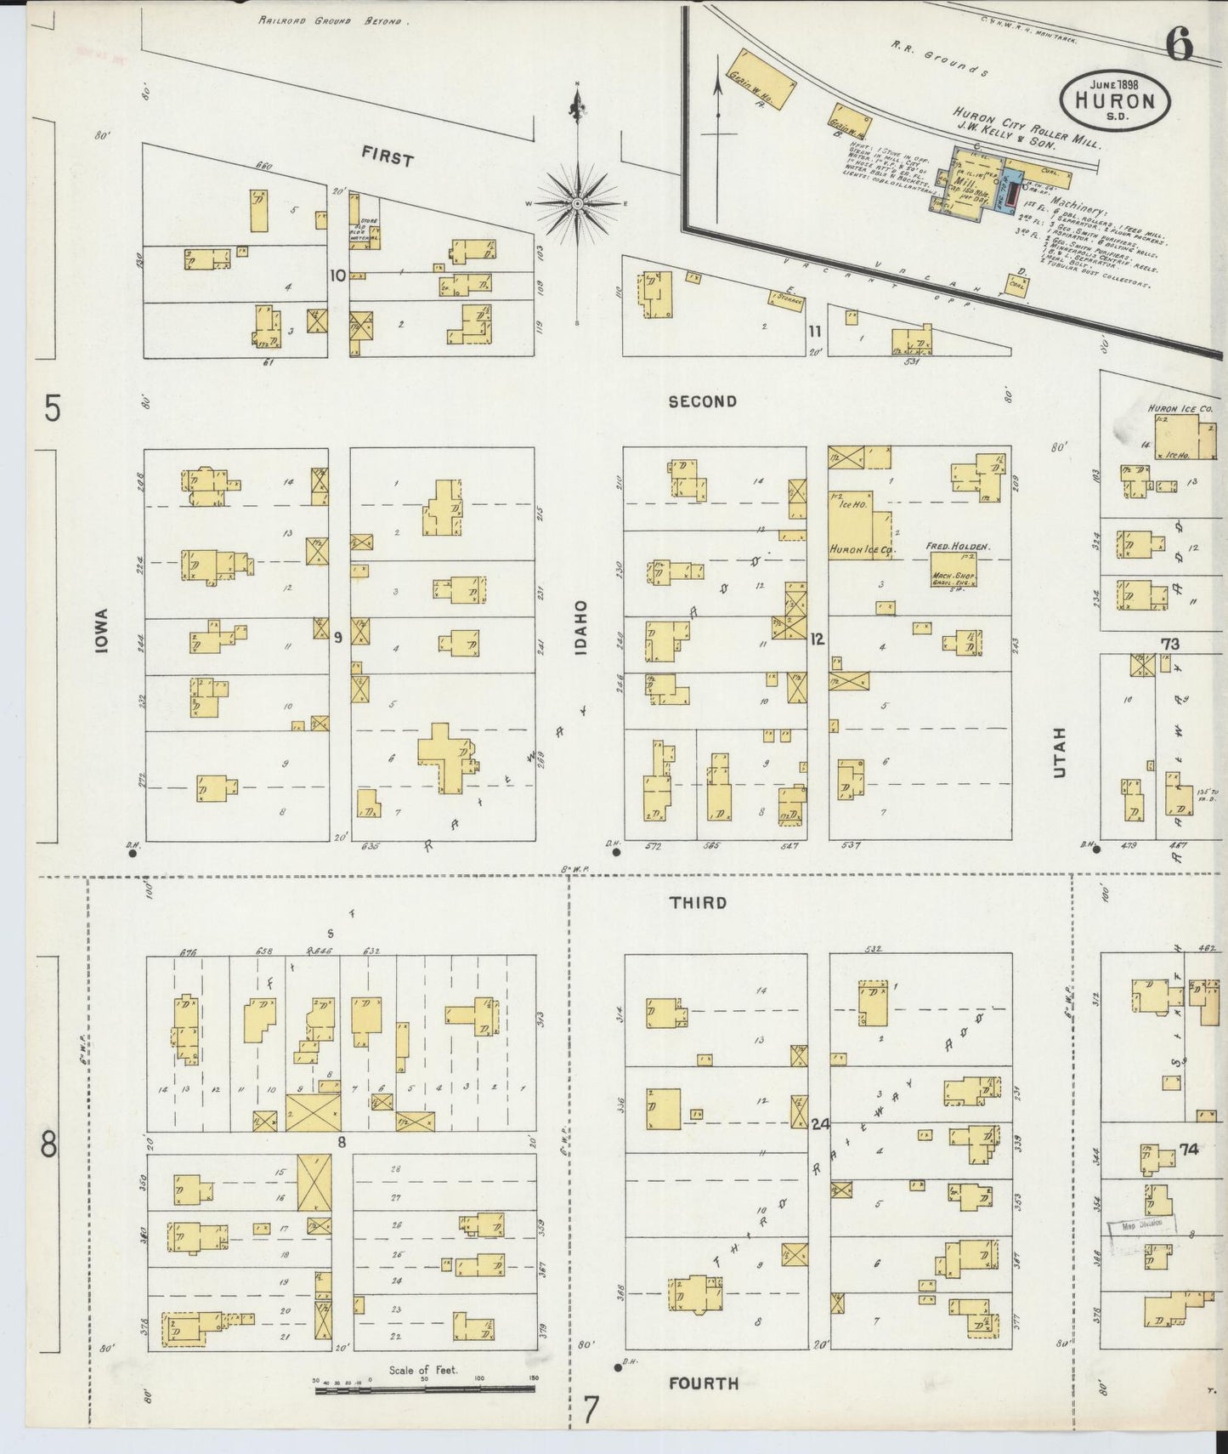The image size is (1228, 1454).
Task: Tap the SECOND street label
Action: tap(702, 401)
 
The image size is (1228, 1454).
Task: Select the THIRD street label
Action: tap(698, 903)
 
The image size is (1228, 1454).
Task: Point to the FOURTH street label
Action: tap(703, 1383)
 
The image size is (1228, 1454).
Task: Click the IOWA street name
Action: tap(103, 630)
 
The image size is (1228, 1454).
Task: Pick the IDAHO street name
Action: tap(581, 628)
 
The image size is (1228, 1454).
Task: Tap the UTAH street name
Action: tap(1058, 752)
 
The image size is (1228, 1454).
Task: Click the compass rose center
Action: tap(577, 204)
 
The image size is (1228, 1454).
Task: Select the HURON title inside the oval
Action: tap(1115, 101)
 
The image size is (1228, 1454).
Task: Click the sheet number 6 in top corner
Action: tap(1180, 44)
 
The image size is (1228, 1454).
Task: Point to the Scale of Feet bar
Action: tap(424, 1390)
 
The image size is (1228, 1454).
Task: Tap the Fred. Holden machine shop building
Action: tap(953, 569)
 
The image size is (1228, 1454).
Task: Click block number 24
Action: tap(819, 1123)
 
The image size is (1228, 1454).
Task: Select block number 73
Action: tap(1170, 645)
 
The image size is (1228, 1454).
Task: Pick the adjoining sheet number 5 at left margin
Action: tap(53, 409)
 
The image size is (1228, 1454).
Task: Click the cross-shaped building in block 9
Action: tap(445, 756)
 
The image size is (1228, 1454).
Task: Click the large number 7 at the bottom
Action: tap(591, 1410)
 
